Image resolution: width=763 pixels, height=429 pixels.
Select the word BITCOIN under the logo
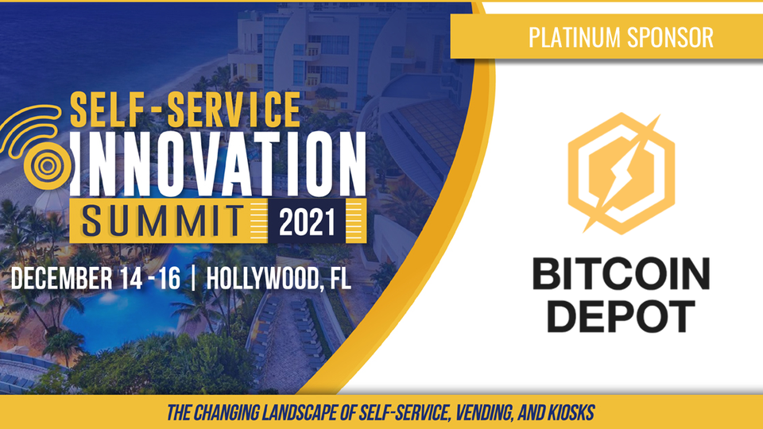point(622,274)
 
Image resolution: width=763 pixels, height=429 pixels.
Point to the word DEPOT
point(622,316)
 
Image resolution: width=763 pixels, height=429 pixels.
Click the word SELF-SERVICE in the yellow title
point(185,110)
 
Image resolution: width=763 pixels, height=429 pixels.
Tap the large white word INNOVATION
point(219,164)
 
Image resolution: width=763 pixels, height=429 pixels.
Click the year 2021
point(307,222)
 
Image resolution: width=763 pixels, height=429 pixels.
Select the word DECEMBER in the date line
point(61,278)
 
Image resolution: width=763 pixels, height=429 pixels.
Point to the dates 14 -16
point(151,278)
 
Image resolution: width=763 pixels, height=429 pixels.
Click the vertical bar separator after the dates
point(194,278)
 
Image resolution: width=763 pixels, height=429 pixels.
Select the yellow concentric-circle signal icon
point(37,148)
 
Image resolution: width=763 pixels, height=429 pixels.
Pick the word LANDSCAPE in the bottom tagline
point(300,413)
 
